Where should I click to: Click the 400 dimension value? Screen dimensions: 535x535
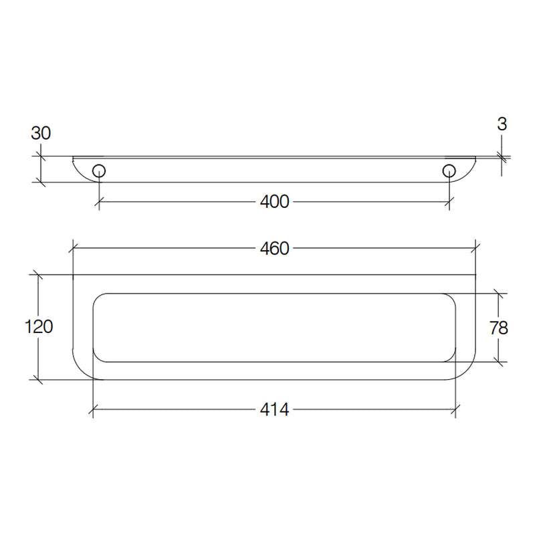[x=274, y=202]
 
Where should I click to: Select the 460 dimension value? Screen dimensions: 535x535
[x=274, y=248]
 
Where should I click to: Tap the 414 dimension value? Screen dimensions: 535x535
[x=274, y=409]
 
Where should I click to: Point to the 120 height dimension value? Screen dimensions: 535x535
[x=39, y=326]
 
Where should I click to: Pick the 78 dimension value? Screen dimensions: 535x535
[x=499, y=328]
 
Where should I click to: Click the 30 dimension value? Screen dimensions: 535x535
[x=41, y=133]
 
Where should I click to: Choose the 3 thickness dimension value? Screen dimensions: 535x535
[x=502, y=124]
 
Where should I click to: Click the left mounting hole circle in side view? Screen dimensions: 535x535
[x=99, y=171]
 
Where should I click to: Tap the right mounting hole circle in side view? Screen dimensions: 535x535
[x=449, y=171]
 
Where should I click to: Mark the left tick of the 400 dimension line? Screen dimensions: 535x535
[x=99, y=202]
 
